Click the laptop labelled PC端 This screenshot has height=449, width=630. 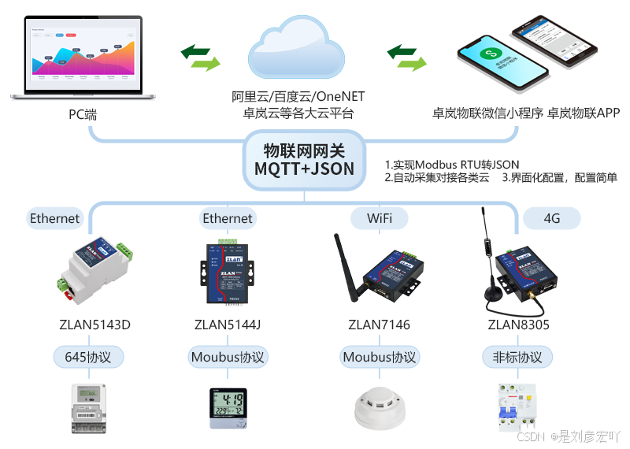coord(83,55)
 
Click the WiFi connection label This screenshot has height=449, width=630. coord(379,218)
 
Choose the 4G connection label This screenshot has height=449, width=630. coord(552,218)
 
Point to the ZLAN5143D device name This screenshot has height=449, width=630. coord(94,325)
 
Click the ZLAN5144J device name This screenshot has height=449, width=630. coord(228,325)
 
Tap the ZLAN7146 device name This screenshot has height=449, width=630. coord(380,325)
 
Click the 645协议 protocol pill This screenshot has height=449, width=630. coord(88,357)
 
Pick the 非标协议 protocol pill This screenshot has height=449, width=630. coord(513,357)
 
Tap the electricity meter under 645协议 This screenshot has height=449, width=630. coord(89,406)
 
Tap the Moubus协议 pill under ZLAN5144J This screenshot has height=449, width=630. coord(228,357)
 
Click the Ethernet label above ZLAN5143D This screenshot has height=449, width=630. coord(54,218)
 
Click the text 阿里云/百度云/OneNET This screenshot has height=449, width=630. coord(298,97)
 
